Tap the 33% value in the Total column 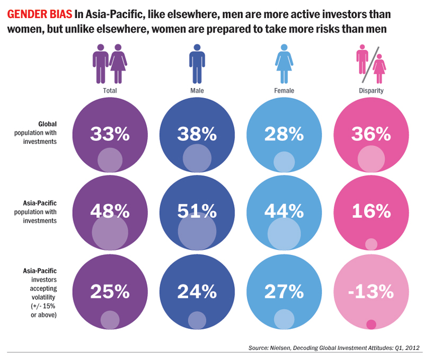coord(110,134)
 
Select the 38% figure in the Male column coord(197,134)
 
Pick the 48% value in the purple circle coord(110,212)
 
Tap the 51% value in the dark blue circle coord(197,212)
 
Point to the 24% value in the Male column coord(197,291)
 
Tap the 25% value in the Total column coord(110,291)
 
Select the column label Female coord(284,91)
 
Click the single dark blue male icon coord(197,63)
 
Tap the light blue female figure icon coord(284,63)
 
